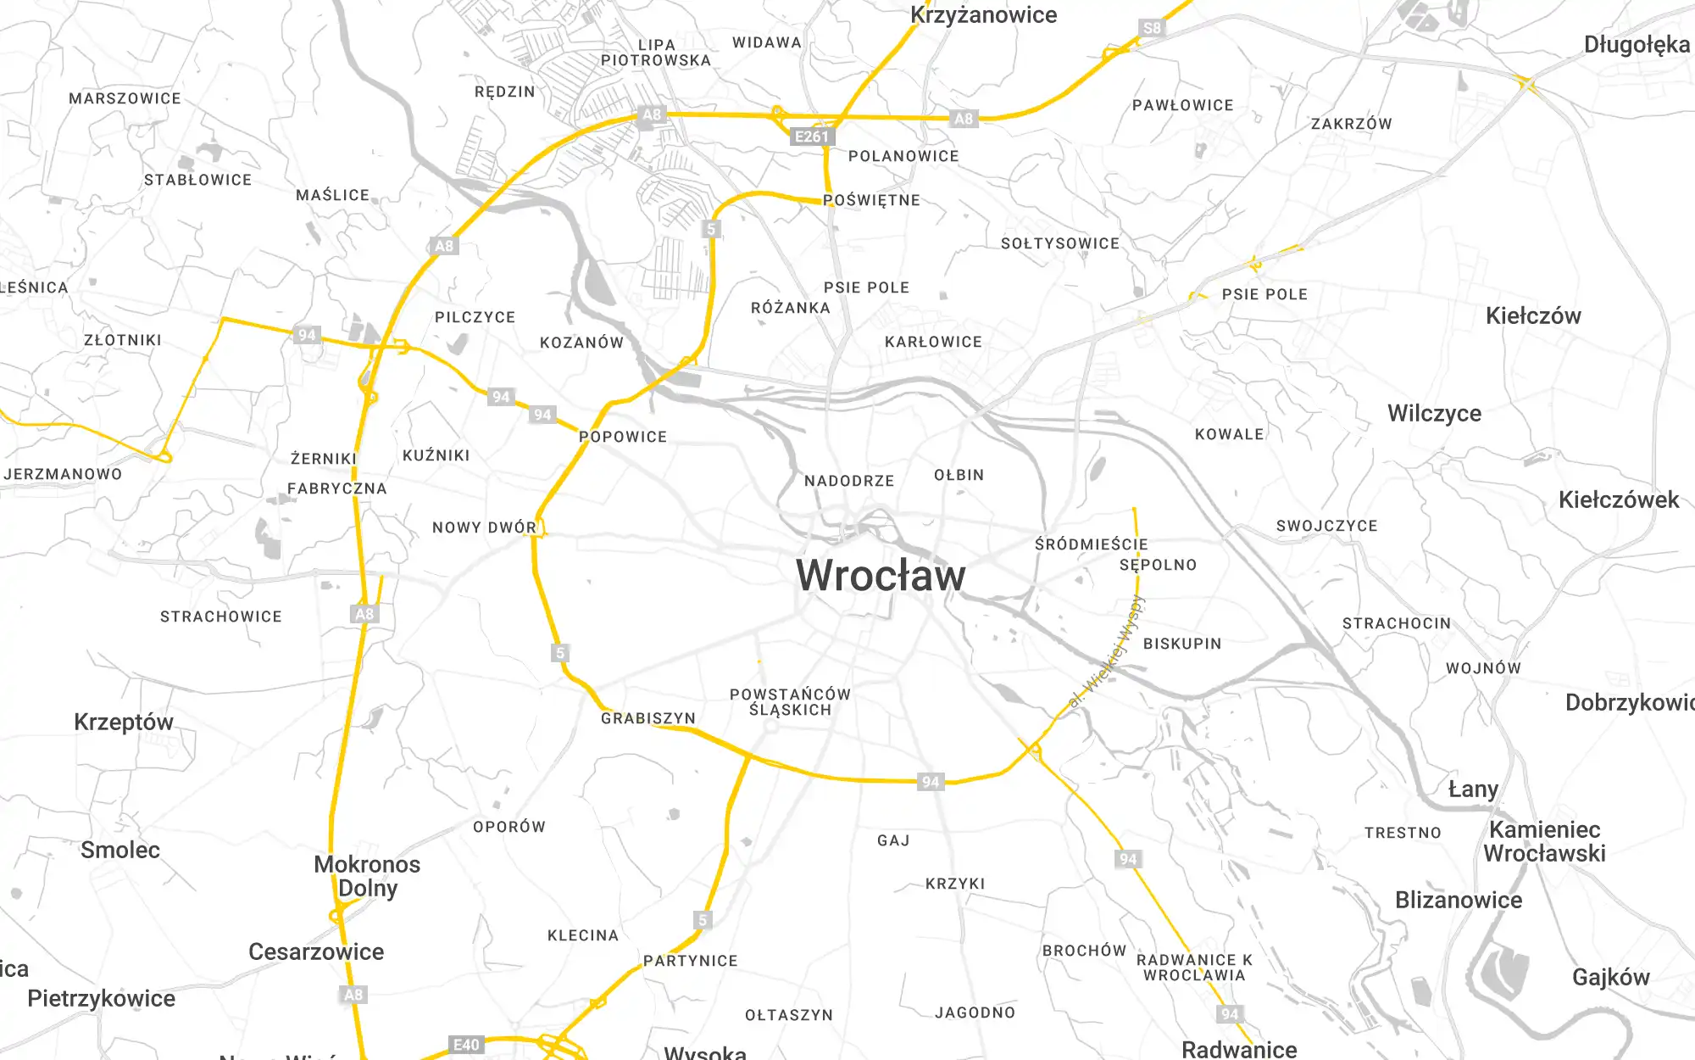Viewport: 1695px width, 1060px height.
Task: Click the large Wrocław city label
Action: click(x=881, y=576)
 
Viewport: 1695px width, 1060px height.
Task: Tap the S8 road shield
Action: click(x=1152, y=28)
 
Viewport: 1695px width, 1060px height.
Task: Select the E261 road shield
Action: click(x=811, y=137)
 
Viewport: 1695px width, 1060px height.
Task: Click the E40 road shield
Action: click(x=466, y=1045)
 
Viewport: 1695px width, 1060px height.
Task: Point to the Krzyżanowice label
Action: click(x=983, y=15)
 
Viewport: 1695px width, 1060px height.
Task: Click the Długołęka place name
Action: click(x=1636, y=44)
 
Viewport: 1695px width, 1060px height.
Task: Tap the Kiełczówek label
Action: click(x=1618, y=499)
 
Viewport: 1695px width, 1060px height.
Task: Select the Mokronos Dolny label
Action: click(x=367, y=876)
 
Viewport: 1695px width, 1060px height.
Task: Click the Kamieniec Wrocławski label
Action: click(x=1544, y=841)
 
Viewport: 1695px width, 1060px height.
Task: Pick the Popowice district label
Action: click(x=623, y=437)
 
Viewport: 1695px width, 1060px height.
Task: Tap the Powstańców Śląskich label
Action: click(x=790, y=702)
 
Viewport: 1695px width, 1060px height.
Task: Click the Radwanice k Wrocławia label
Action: click(x=1194, y=968)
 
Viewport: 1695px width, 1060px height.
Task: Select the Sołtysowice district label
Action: click(x=1060, y=243)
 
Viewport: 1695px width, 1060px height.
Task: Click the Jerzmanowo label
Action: click(x=63, y=474)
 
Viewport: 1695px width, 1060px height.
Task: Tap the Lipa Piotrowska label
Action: click(x=656, y=53)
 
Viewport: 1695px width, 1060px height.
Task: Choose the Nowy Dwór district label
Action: click(x=484, y=527)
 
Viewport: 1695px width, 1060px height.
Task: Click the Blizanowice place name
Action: click(x=1459, y=900)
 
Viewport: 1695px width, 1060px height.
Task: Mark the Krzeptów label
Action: click(x=124, y=722)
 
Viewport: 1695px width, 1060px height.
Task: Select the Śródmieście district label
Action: click(x=1091, y=544)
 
